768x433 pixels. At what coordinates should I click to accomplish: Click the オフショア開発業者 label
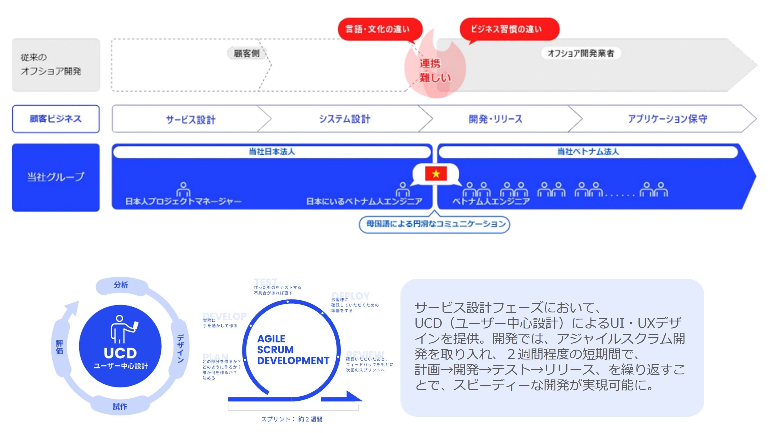tap(580, 53)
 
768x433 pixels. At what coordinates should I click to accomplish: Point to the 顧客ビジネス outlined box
tap(56, 119)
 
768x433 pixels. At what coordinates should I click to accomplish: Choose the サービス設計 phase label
tap(191, 119)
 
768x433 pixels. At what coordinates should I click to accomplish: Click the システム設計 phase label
tap(345, 119)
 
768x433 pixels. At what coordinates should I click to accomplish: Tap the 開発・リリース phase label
tap(495, 119)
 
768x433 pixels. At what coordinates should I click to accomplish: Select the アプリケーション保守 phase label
tap(667, 119)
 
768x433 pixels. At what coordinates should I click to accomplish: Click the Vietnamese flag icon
tap(436, 174)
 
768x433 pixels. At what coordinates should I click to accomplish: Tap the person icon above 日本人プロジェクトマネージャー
tap(183, 189)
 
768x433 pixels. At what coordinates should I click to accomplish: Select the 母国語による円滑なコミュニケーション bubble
tap(434, 224)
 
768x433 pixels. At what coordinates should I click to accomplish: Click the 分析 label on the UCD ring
tap(121, 285)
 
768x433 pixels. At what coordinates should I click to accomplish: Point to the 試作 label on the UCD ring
tap(120, 407)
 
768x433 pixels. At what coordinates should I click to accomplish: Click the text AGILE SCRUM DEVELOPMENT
tap(293, 350)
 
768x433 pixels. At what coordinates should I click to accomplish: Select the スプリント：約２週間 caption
tap(291, 419)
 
